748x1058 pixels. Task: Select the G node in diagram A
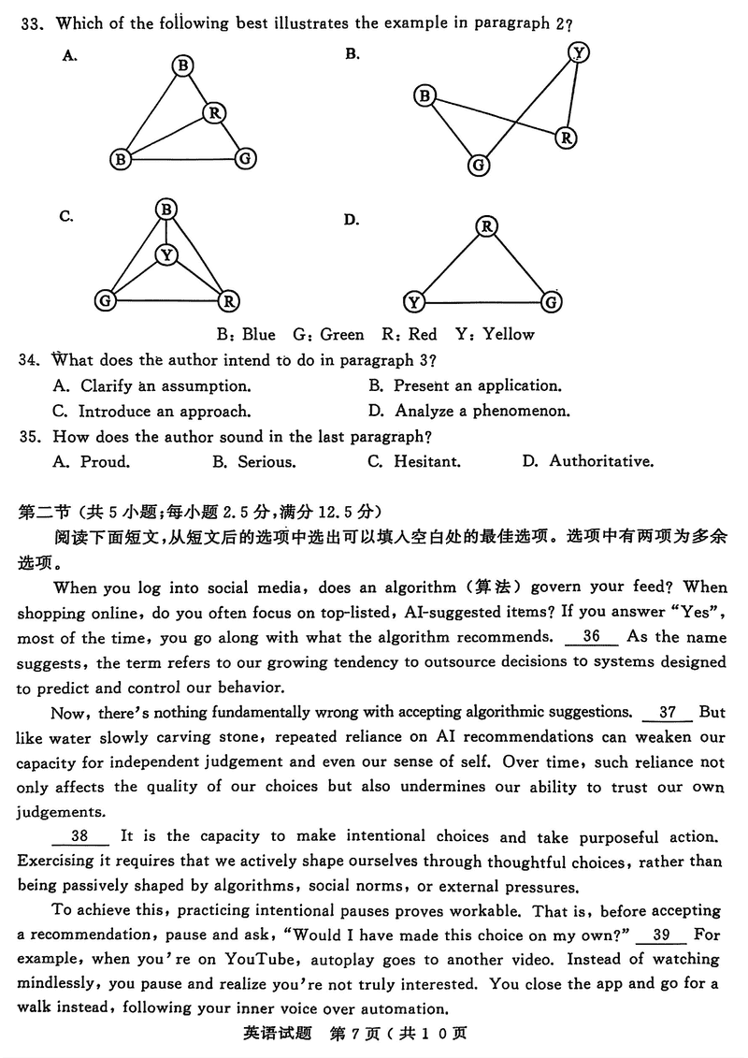click(245, 158)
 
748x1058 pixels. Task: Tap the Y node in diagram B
click(580, 52)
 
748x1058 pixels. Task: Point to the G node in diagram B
click(479, 166)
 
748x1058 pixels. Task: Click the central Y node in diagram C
click(166, 254)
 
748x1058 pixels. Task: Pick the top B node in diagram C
click(166, 210)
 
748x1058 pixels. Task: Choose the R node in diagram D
click(486, 226)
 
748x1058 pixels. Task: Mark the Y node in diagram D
click(414, 301)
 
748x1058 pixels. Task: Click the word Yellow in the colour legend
click(509, 334)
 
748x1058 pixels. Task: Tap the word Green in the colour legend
click(342, 334)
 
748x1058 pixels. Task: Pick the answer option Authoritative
click(601, 461)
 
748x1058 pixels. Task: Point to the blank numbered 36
click(591, 637)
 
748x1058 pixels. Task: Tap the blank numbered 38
click(79, 835)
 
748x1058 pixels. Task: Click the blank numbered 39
click(662, 935)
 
